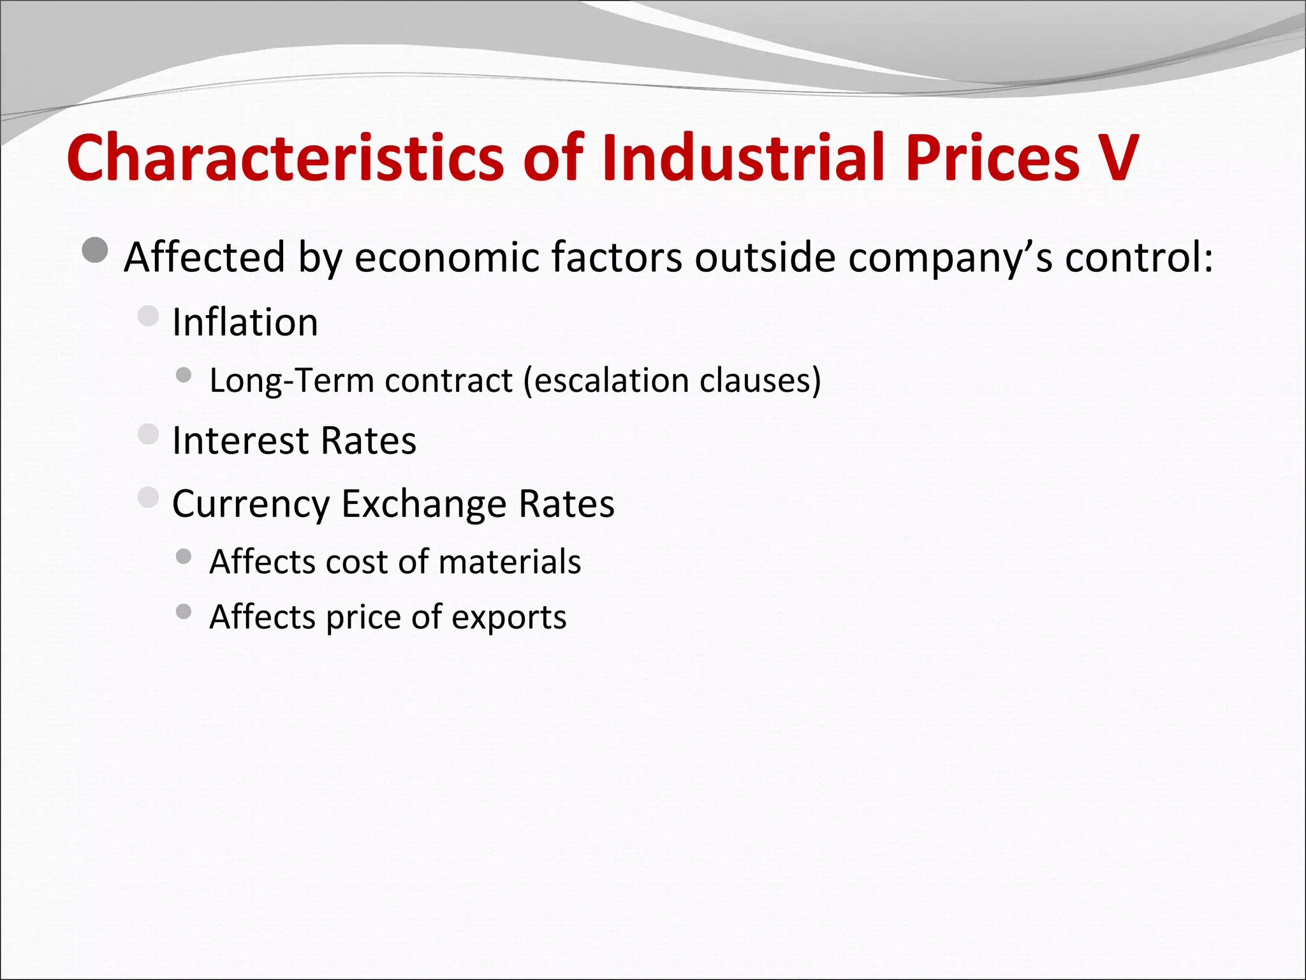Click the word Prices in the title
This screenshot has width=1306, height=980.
pyautogui.click(x=992, y=158)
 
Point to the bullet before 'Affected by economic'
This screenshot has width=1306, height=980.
pyautogui.click(x=96, y=250)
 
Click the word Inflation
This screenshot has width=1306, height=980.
pyautogui.click(x=245, y=322)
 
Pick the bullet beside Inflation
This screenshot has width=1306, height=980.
pyautogui.click(x=148, y=315)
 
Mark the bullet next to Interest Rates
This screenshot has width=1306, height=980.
pyautogui.click(x=148, y=434)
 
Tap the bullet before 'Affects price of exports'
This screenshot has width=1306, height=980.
pyautogui.click(x=184, y=612)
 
